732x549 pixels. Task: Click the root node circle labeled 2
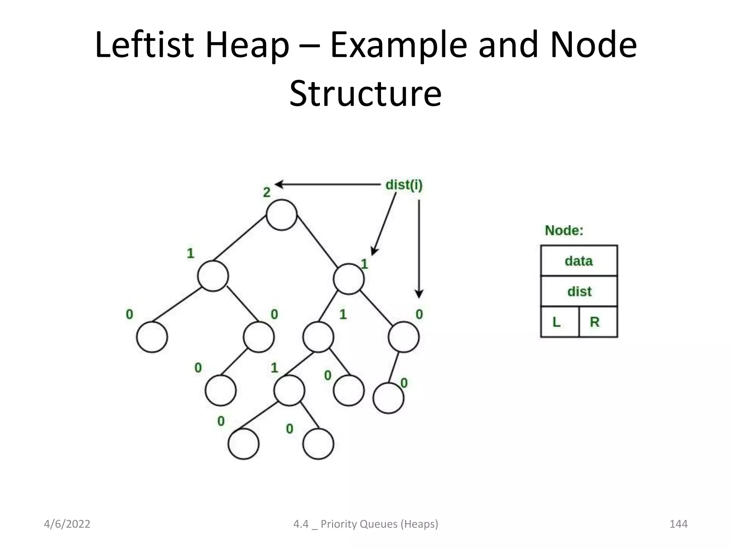[282, 215]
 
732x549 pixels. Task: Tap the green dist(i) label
[404, 185]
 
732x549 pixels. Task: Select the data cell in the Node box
[579, 261]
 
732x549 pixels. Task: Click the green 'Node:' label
[564, 231]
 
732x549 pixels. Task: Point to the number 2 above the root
[267, 193]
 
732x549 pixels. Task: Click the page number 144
[678, 524]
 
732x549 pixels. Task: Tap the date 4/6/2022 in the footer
[67, 524]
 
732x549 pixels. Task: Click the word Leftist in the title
[144, 45]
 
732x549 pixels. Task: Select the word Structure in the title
[365, 93]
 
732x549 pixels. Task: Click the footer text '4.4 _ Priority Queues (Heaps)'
[366, 524]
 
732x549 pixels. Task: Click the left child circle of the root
[213, 276]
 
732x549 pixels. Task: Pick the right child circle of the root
[348, 279]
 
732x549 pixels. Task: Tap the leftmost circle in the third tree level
[152, 337]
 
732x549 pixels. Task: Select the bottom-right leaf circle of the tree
[318, 444]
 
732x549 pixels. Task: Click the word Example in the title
[399, 45]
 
